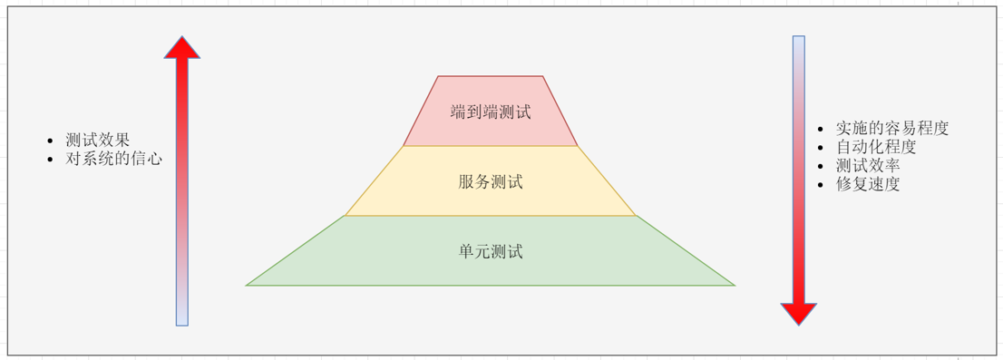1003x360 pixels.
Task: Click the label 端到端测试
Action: (x=491, y=112)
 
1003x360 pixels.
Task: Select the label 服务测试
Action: (x=491, y=181)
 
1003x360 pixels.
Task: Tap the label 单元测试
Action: (x=491, y=251)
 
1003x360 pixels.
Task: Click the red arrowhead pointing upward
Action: (x=182, y=48)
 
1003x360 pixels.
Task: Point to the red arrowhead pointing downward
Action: (x=799, y=314)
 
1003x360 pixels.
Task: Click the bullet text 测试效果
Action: (x=98, y=141)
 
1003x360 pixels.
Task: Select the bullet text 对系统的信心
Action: (x=114, y=159)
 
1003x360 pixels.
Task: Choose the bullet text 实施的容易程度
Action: (x=892, y=128)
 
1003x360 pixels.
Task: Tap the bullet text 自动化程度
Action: (x=876, y=146)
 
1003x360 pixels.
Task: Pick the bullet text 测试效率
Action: (x=868, y=165)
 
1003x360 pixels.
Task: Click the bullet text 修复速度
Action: (x=868, y=184)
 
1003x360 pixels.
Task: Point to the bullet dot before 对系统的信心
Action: (x=52, y=160)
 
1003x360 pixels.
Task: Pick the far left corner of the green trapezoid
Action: (x=247, y=285)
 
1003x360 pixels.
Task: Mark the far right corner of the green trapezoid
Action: (x=735, y=285)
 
